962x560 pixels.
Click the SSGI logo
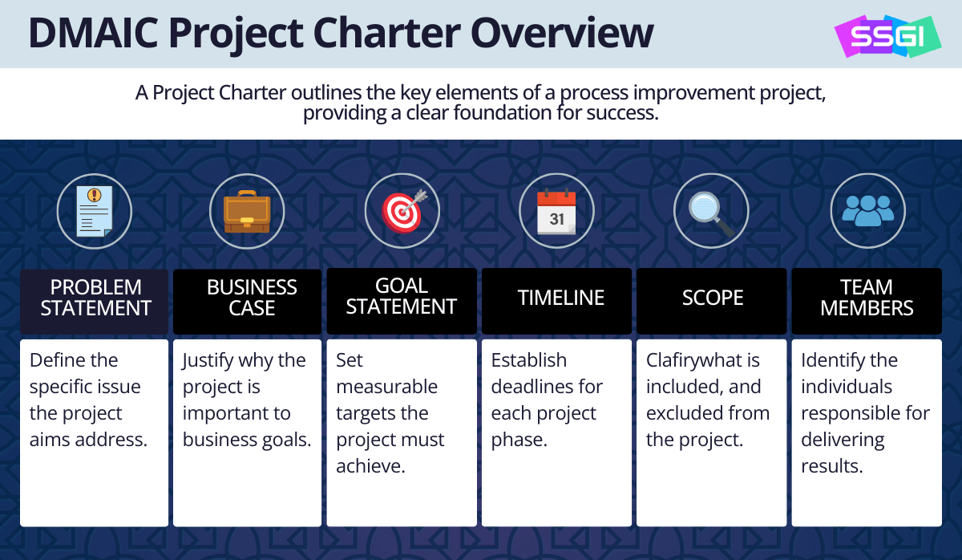point(887,36)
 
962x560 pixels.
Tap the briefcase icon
point(247,212)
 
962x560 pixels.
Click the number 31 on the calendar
point(556,219)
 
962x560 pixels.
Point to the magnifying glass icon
point(711,213)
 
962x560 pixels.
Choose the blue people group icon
point(868,210)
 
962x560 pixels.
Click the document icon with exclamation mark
point(95,211)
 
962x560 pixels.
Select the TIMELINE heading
point(561,298)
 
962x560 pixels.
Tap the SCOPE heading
point(713,298)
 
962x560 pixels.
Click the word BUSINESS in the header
point(252,287)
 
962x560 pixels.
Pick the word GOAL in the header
point(402,286)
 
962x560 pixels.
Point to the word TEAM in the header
point(867,286)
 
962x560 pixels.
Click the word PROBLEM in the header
point(95,287)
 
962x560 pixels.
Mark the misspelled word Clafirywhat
point(702,360)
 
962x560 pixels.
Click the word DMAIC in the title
point(94,33)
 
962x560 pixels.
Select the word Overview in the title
point(562,33)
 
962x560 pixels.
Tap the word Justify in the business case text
point(207,360)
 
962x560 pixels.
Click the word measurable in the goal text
point(386,387)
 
